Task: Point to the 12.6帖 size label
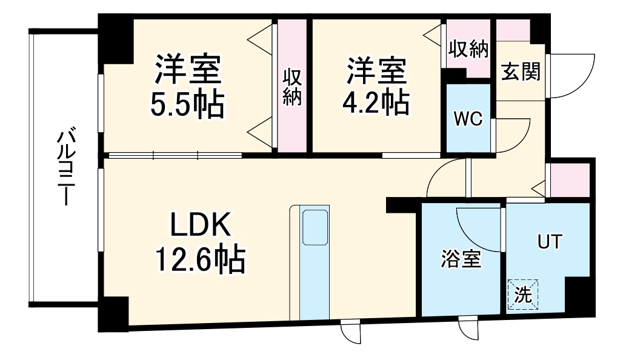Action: pyautogui.click(x=200, y=261)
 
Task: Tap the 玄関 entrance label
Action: pyautogui.click(x=520, y=72)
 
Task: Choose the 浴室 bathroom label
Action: pyautogui.click(x=460, y=259)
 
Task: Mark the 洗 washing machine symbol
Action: pyautogui.click(x=522, y=295)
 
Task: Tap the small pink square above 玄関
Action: pyautogui.click(x=513, y=30)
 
